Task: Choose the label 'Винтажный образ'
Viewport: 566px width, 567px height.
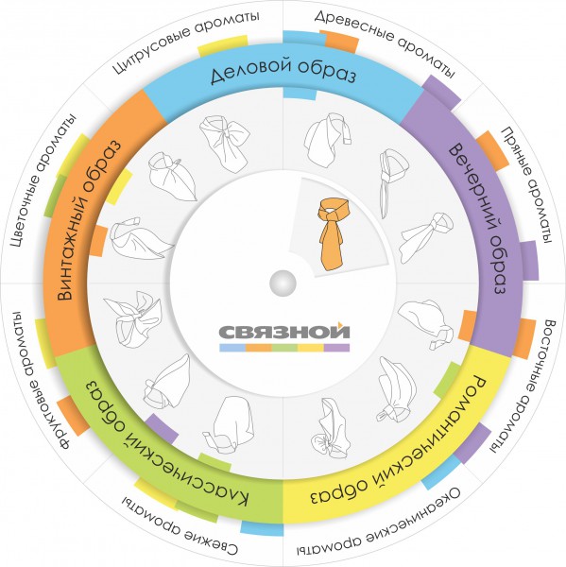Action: [87, 220]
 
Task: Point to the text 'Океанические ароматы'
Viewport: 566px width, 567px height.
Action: [379, 524]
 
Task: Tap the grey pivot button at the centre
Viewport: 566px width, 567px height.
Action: [283, 283]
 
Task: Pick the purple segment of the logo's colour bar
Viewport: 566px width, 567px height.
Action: [336, 348]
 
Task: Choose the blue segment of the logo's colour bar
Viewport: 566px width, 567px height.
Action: [232, 348]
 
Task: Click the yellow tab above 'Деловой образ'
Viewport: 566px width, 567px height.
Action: [223, 45]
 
